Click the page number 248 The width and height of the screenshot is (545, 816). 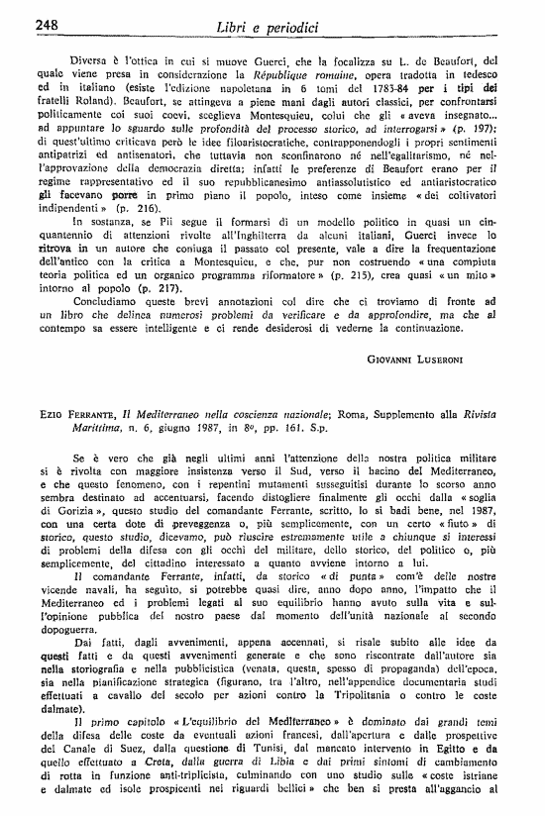(x=23, y=22)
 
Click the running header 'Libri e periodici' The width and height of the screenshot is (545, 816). (x=273, y=22)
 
